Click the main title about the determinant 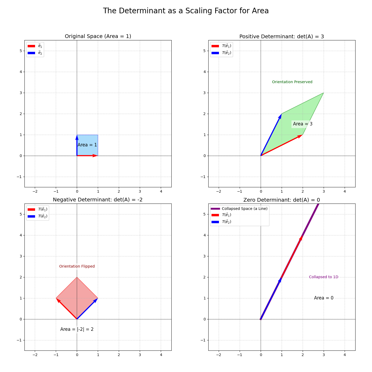click(186, 11)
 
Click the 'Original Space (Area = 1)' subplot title click(98, 36)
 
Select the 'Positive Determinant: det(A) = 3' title click(282, 36)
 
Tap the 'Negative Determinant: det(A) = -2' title click(98, 200)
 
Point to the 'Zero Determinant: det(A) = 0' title click(282, 200)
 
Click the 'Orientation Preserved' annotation click(292, 82)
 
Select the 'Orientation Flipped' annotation click(77, 267)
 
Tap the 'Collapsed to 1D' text click(323, 277)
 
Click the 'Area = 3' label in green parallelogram click(303, 124)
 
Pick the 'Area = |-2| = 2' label click(77, 329)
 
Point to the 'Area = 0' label click(324, 298)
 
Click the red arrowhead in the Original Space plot click(95, 156)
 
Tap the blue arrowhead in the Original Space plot click(77, 137)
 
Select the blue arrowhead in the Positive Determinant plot click(280, 116)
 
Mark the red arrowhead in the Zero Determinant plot click(301, 238)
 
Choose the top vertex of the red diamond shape click(77, 277)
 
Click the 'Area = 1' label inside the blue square click(87, 145)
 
